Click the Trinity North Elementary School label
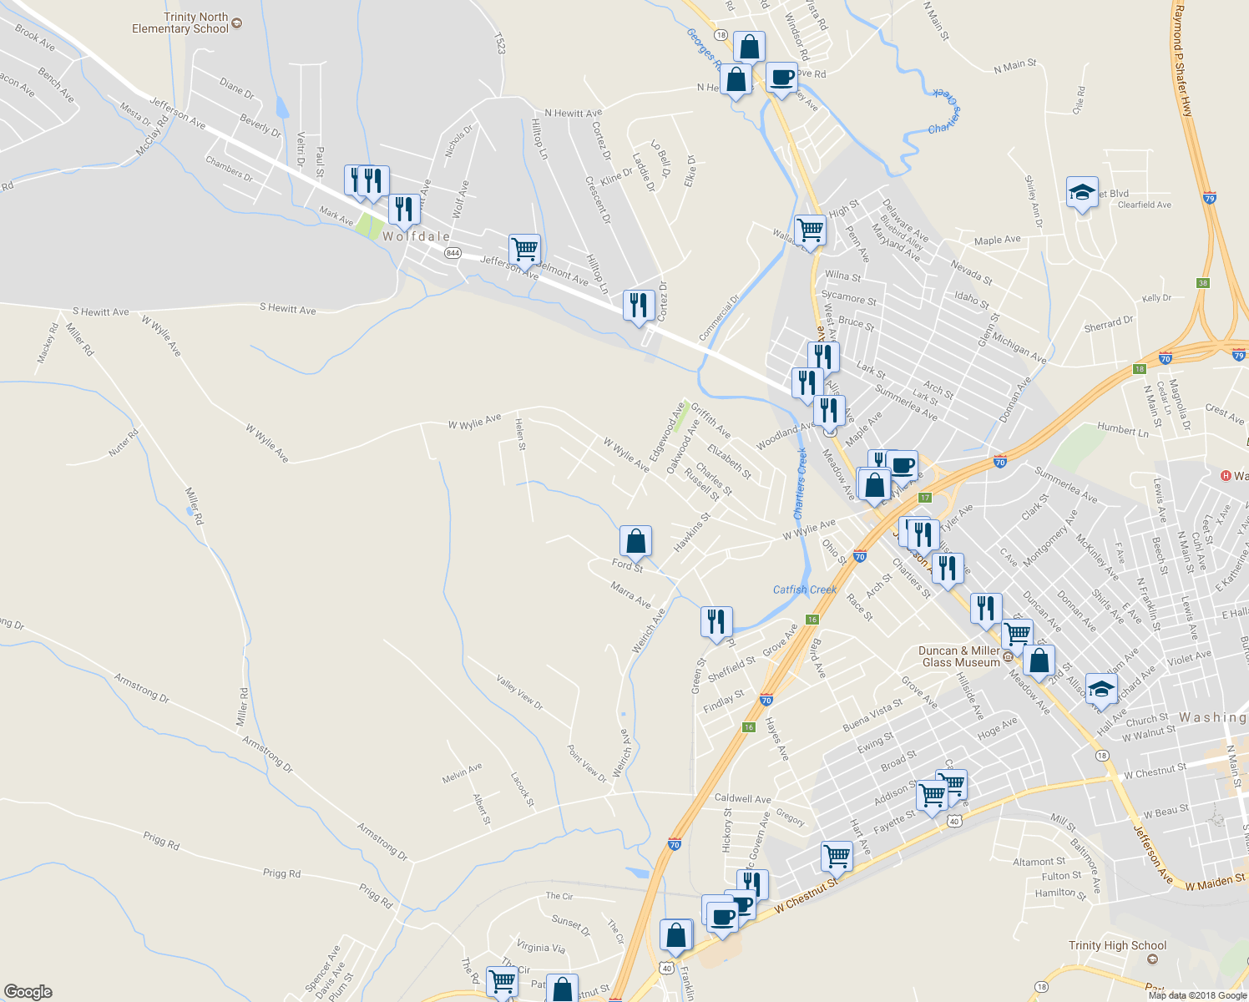[x=180, y=23]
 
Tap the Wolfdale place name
[x=416, y=236]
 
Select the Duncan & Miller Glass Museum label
[x=959, y=656]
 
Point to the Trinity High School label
[x=1117, y=945]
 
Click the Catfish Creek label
[x=804, y=590]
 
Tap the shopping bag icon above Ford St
[x=635, y=540]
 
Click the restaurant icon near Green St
[x=716, y=621]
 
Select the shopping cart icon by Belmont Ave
[x=524, y=248]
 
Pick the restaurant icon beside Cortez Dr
[x=639, y=306]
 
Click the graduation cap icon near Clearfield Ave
[x=1082, y=192]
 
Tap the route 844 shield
[x=453, y=253]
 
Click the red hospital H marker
[x=1226, y=476]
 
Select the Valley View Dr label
[x=519, y=692]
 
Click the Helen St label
[x=520, y=434]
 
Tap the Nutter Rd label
[x=124, y=443]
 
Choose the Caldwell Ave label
[x=742, y=798]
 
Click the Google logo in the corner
[x=28, y=991]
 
